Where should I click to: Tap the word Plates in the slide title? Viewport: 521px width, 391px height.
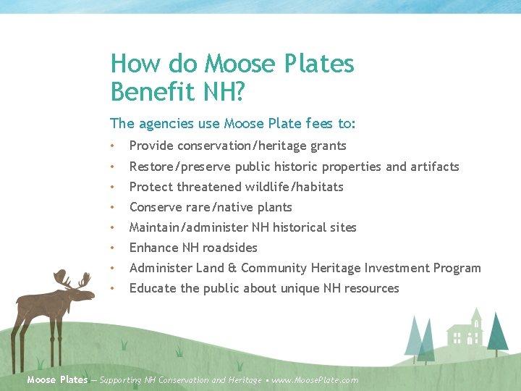pos(316,64)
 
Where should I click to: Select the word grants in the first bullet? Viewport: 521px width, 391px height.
pos(328,146)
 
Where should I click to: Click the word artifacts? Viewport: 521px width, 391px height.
pos(433,167)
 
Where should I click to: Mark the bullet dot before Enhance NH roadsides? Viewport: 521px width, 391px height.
pos(113,248)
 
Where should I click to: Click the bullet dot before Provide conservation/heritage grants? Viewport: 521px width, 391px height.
pos(113,146)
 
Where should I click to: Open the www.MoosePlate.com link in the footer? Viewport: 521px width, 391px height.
pos(315,380)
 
